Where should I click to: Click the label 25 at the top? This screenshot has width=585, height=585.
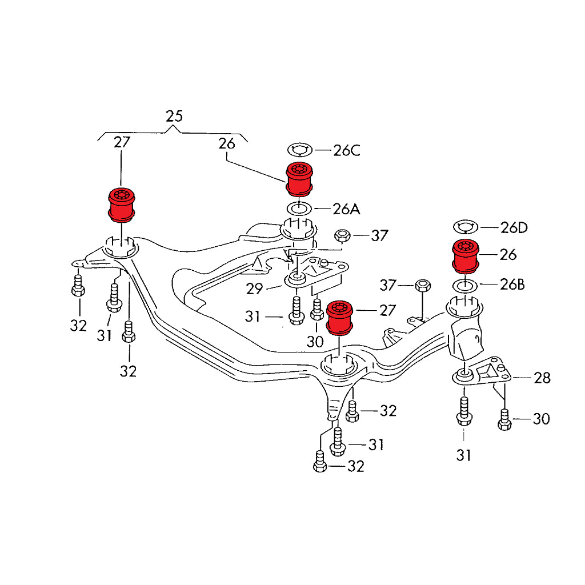click(174, 116)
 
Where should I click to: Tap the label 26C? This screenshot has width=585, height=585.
click(347, 151)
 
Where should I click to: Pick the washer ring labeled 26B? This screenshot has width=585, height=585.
click(465, 285)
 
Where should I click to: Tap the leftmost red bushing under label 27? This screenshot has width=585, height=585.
click(122, 204)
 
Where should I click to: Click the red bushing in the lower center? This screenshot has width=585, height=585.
click(340, 316)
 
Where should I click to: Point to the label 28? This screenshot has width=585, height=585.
click(542, 378)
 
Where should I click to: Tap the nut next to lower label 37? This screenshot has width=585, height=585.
click(422, 285)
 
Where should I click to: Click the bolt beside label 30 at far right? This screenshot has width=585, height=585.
click(504, 420)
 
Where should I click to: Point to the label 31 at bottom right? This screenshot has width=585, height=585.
click(463, 455)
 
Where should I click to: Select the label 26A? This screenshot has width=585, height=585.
click(347, 209)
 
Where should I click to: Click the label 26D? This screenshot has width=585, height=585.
click(514, 228)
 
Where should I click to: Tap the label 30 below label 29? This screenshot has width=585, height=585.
click(315, 342)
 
